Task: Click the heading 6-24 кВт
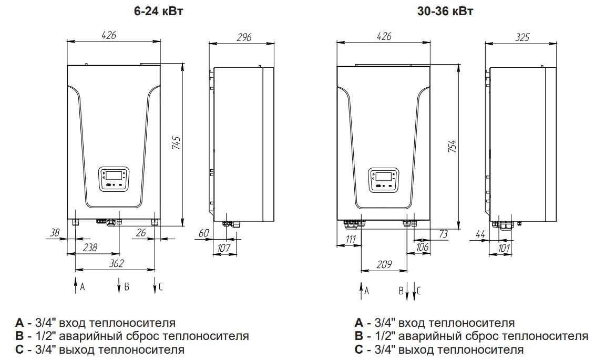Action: coord(158,11)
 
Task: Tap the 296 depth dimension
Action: coord(244,37)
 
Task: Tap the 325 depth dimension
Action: coord(522,37)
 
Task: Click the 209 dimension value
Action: coord(384,265)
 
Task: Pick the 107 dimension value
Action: coord(224,248)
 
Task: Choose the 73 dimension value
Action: coord(443,234)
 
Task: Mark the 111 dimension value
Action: coord(349,240)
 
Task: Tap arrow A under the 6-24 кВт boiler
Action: coord(75,286)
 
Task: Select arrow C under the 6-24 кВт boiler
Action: coord(156,286)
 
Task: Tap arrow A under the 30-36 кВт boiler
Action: coord(361,290)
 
